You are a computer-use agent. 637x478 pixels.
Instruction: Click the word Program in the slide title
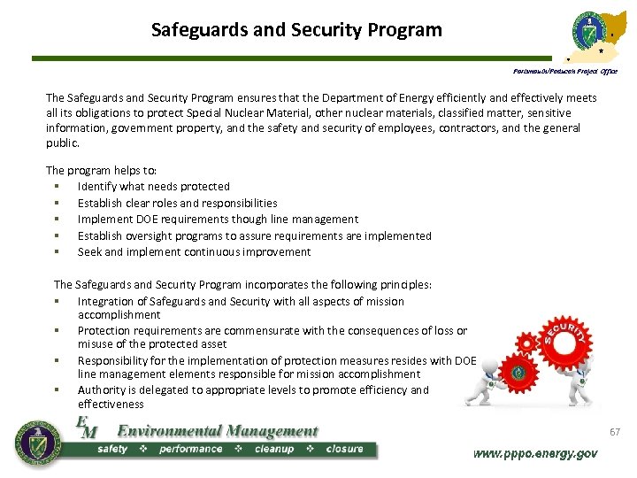click(x=400, y=30)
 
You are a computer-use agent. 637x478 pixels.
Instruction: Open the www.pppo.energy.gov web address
click(x=535, y=453)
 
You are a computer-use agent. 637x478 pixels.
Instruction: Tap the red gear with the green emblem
click(x=518, y=372)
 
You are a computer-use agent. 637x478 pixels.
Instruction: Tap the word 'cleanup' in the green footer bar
click(x=273, y=449)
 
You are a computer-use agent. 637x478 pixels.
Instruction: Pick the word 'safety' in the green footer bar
click(x=111, y=449)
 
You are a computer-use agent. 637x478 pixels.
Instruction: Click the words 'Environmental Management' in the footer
click(x=217, y=431)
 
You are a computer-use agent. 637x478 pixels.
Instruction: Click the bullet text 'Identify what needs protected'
click(x=153, y=187)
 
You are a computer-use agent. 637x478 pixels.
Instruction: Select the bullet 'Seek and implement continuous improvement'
click(x=194, y=252)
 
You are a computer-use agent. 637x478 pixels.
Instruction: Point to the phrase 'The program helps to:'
click(x=100, y=170)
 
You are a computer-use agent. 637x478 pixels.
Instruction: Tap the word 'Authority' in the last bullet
click(x=102, y=389)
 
